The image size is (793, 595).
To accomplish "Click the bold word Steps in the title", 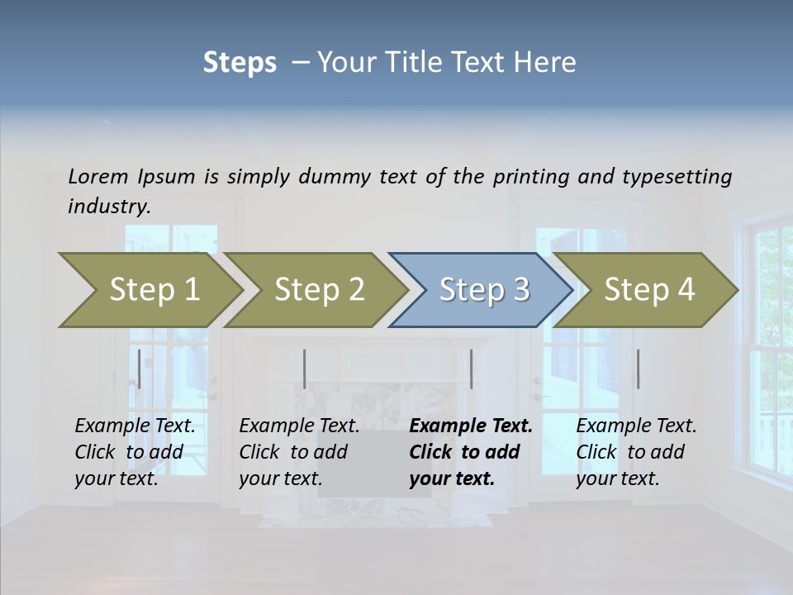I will (240, 62).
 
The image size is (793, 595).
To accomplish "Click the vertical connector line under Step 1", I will (140, 369).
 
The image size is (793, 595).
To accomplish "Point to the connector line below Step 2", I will (305, 369).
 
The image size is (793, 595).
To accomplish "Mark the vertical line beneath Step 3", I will (471, 369).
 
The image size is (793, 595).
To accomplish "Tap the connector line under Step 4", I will (638, 369).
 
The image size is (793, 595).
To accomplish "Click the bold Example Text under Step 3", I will (471, 426).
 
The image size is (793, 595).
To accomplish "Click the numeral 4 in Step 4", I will (685, 290).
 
